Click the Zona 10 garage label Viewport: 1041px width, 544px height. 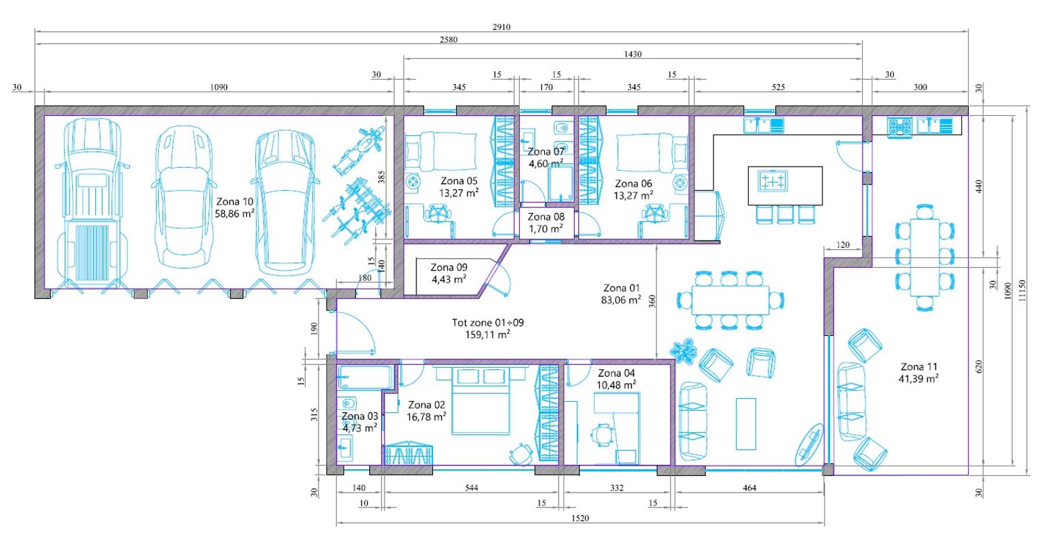point(235,202)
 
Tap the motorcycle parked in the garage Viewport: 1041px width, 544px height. point(359,148)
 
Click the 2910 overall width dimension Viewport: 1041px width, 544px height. point(502,27)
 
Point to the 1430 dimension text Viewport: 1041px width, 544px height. point(632,54)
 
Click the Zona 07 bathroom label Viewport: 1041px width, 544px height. point(546,152)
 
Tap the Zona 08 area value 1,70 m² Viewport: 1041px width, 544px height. point(546,228)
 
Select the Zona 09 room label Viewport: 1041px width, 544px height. point(449,267)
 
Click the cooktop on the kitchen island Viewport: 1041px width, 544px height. point(772,180)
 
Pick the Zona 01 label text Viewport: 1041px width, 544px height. point(621,288)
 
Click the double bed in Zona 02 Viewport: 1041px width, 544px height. point(482,400)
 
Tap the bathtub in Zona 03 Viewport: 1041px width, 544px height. point(366,377)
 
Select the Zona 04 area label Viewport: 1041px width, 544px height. point(616,385)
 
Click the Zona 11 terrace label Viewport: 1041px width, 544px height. point(919,366)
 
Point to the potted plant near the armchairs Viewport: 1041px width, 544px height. point(684,350)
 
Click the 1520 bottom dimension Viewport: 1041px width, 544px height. point(580,518)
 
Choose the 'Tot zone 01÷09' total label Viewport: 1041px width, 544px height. point(488,323)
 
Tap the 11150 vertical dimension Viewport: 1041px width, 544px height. point(1022,290)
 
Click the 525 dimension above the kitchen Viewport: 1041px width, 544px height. point(778,87)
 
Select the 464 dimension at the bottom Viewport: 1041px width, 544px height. point(749,488)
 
